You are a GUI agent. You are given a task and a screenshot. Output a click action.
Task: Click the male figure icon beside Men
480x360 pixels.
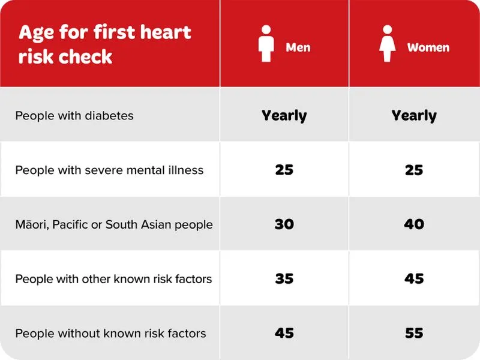click(265, 44)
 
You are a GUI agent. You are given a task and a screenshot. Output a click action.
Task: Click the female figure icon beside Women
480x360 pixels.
click(388, 44)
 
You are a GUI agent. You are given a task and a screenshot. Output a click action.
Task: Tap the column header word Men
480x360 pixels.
click(298, 47)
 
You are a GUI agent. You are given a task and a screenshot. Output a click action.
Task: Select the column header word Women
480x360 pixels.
click(428, 47)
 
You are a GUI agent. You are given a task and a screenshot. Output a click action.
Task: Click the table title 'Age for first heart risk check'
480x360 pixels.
click(104, 44)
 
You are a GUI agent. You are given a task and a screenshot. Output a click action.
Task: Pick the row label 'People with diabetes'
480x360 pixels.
click(74, 115)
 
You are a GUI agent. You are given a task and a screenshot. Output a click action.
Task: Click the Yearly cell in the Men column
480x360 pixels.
click(284, 115)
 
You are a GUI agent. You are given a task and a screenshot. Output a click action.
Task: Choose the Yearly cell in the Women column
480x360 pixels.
click(414, 115)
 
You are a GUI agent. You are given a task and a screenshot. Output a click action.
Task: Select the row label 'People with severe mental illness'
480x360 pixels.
click(109, 170)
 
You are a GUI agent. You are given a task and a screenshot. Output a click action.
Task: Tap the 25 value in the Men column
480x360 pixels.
click(284, 170)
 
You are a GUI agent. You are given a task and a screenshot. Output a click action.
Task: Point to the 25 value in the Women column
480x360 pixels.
click(414, 170)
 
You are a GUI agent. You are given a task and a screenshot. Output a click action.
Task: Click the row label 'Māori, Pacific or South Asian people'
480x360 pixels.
click(114, 224)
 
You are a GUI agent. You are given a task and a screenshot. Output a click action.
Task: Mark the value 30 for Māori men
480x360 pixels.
click(284, 224)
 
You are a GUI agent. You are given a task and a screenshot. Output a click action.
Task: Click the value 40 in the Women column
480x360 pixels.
click(414, 224)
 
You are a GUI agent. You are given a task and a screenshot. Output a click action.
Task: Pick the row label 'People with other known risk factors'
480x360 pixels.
click(113, 279)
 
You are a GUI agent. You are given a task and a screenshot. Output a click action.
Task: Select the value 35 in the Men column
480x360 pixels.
click(284, 279)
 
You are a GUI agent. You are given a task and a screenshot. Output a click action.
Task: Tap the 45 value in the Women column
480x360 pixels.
click(414, 279)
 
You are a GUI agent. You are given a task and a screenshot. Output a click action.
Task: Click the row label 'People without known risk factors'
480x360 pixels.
click(110, 333)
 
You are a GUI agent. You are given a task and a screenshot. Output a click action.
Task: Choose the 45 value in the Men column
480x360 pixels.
click(284, 333)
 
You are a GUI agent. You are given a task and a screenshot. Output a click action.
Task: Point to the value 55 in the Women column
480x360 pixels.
click(414, 333)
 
